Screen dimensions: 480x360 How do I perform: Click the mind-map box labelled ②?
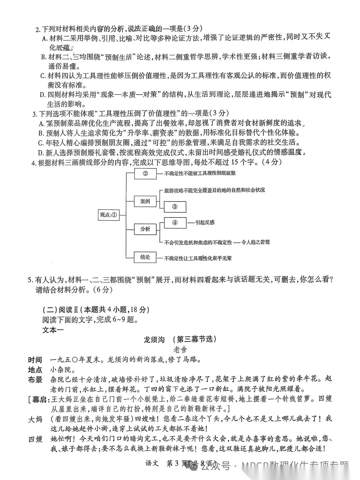click(x=145, y=173)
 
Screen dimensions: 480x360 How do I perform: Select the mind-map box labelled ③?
click(x=175, y=207)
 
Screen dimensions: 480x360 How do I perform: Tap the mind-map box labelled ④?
click(x=175, y=223)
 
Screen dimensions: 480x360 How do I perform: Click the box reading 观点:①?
click(x=109, y=215)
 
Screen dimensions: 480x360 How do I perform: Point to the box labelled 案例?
click(x=145, y=201)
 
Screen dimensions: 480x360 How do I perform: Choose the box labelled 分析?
click(x=145, y=229)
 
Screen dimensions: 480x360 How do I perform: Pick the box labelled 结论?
click(x=145, y=257)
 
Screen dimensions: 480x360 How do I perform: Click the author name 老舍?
click(x=180, y=350)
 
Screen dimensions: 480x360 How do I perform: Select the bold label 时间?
click(x=35, y=360)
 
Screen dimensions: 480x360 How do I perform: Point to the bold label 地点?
click(x=35, y=370)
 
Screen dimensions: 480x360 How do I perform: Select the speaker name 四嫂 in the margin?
click(x=35, y=439)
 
